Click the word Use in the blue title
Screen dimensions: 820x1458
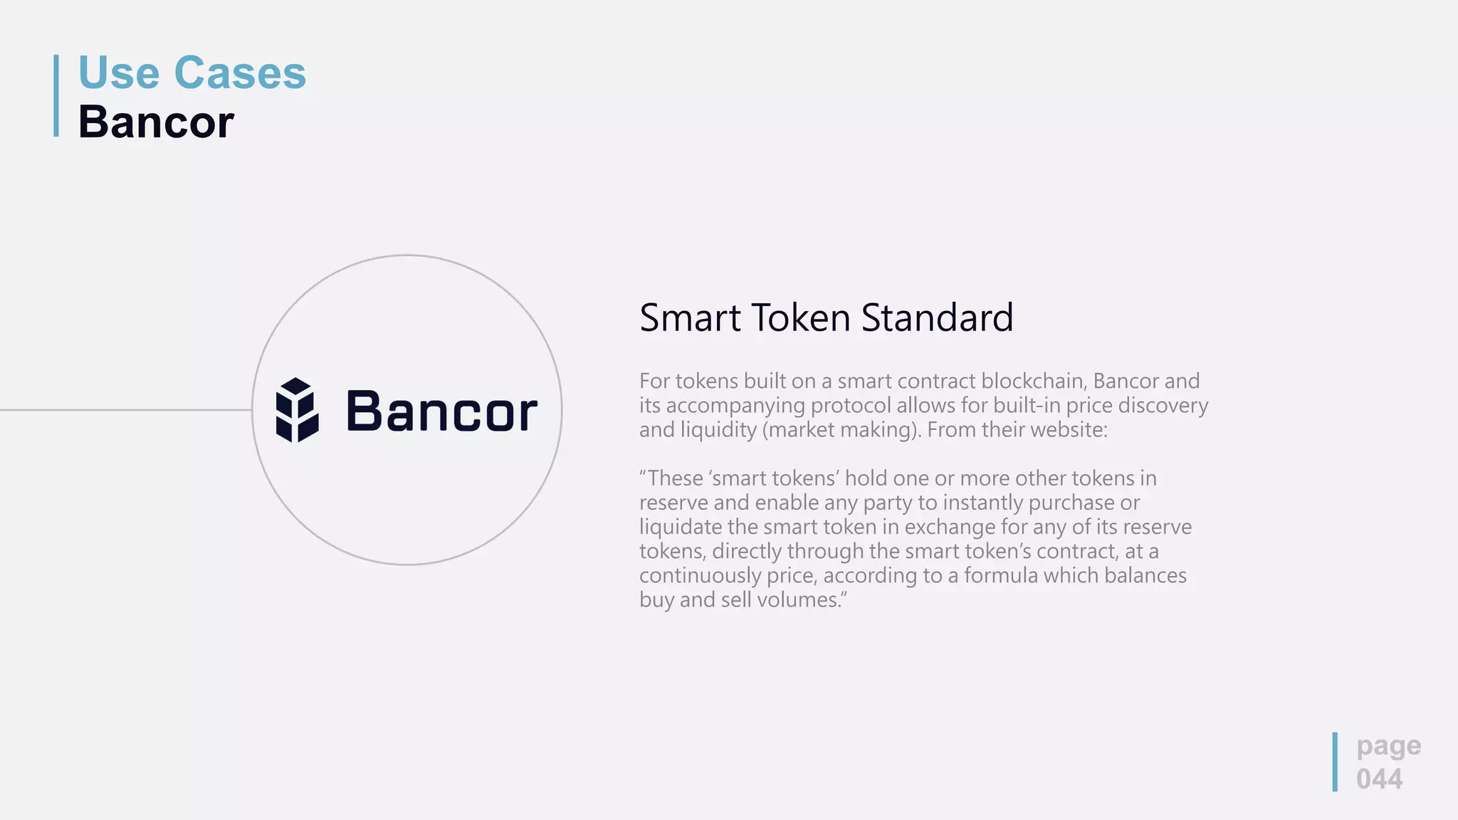pyautogui.click(x=119, y=73)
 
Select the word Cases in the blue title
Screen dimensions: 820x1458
pyautogui.click(x=240, y=73)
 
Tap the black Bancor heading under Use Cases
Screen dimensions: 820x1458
pyautogui.click(x=156, y=122)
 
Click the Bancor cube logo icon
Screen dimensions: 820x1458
pyautogui.click(x=297, y=410)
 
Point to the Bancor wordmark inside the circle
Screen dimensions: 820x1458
pyautogui.click(x=441, y=411)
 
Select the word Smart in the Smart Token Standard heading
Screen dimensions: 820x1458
pyautogui.click(x=690, y=317)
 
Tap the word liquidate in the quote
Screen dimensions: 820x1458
pyautogui.click(x=681, y=527)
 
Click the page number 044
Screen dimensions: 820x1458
pyautogui.click(x=1379, y=779)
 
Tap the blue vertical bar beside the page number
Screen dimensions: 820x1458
pyautogui.click(x=1335, y=762)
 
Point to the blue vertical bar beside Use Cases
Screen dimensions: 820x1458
pyautogui.click(x=56, y=95)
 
